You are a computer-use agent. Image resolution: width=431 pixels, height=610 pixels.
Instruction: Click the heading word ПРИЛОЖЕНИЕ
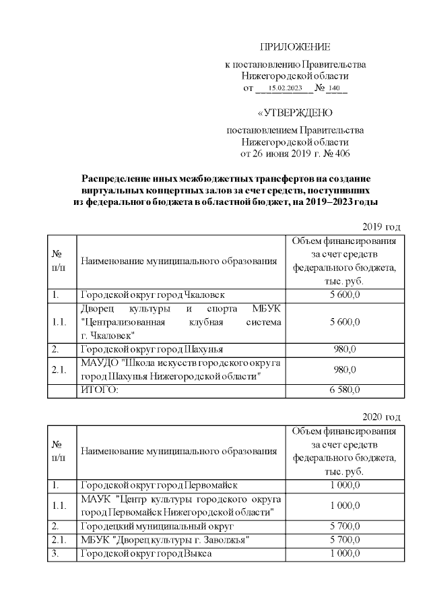click(x=295, y=47)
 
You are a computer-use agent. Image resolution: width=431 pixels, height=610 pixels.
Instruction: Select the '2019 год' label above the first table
click(x=382, y=226)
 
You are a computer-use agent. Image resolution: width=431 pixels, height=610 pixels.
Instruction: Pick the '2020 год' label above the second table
click(x=382, y=417)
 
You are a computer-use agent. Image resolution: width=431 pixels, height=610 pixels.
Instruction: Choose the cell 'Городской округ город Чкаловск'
click(x=153, y=295)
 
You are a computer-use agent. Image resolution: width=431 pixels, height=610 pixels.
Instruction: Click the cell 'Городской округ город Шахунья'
click(x=152, y=349)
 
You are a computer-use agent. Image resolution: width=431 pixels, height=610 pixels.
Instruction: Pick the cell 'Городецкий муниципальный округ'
click(x=157, y=526)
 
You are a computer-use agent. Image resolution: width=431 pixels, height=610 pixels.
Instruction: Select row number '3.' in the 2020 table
click(x=55, y=553)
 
